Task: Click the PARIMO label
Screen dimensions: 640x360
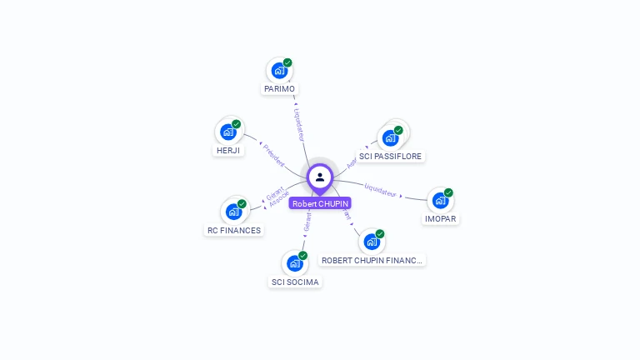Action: [279, 89]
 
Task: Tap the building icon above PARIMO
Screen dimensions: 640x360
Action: [279, 71]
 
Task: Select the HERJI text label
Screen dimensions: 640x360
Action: [227, 151]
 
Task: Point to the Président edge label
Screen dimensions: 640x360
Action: [273, 156]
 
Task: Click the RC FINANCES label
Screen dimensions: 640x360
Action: [234, 230]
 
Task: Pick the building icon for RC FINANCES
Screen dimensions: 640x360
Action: [234, 212]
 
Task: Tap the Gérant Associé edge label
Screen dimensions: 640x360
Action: [277, 197]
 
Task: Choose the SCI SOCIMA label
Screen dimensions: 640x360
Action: [295, 282]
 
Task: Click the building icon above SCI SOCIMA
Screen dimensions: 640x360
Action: [294, 263]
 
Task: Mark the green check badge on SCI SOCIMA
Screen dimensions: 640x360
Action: [302, 256]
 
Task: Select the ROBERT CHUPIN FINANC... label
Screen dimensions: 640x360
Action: [372, 260]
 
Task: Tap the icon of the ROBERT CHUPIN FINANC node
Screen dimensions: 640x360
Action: [372, 242]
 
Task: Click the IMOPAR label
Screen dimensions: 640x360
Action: [441, 219]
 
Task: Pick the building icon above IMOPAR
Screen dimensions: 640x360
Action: [440, 201]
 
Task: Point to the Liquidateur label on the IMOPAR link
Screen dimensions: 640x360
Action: [381, 189]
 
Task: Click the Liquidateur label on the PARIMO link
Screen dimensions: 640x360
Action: [300, 123]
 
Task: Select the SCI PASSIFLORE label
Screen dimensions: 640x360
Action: [391, 156]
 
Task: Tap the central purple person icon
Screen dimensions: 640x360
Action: [320, 177]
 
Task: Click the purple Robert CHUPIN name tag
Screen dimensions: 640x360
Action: [320, 203]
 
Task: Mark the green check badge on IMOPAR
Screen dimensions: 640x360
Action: [448, 192]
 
